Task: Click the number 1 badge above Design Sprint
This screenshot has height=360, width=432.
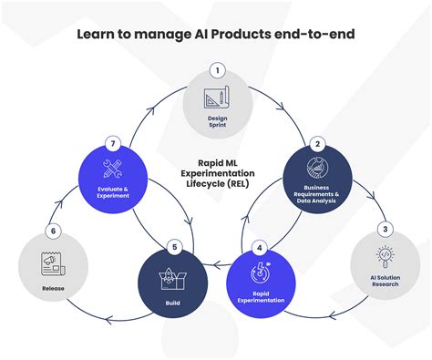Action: coord(216,70)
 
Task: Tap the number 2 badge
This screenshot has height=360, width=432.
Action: coord(317,143)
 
